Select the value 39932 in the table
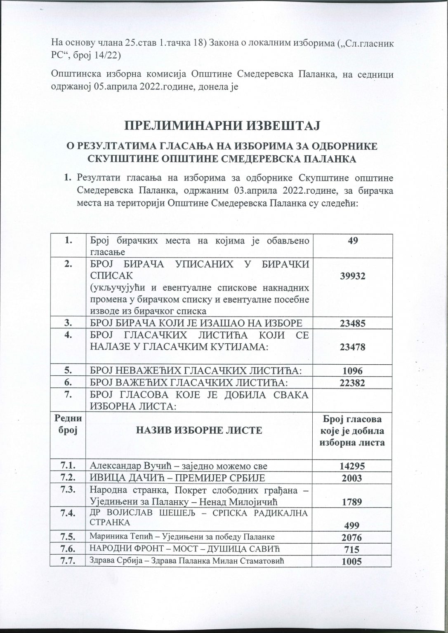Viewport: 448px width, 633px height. [x=352, y=276]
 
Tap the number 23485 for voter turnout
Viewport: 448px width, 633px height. [x=352, y=324]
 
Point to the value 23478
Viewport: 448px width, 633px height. [x=352, y=347]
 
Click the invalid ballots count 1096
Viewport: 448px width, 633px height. [x=352, y=370]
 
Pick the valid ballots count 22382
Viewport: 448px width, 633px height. [x=352, y=383]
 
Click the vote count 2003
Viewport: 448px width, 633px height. [x=352, y=478]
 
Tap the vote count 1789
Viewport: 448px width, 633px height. [x=352, y=502]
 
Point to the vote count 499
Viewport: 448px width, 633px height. [x=352, y=525]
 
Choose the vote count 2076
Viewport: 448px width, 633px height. [x=352, y=538]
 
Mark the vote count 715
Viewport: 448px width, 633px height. [x=352, y=549]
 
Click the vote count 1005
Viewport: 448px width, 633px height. [x=352, y=561]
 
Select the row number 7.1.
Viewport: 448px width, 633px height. [x=67, y=466]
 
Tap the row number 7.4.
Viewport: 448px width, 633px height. [x=67, y=513]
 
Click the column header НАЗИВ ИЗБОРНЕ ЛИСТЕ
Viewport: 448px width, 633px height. [x=199, y=431]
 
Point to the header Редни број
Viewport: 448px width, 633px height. [x=67, y=423]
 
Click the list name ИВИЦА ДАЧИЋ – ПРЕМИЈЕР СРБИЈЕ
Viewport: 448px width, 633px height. [x=177, y=478]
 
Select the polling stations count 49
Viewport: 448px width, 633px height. [x=352, y=240]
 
